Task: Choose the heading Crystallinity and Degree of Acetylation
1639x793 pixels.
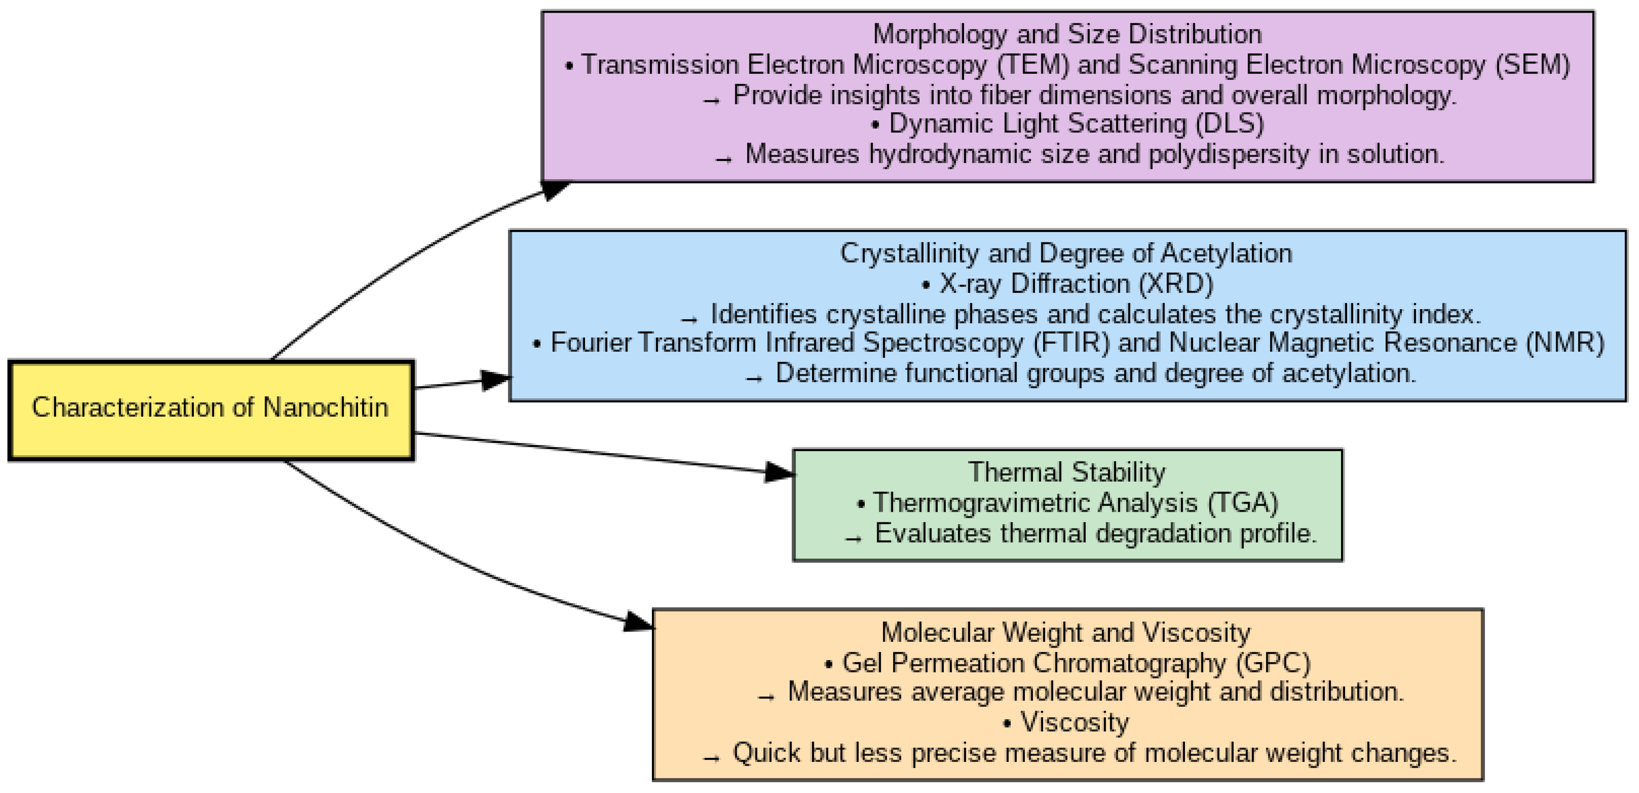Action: (x=1066, y=253)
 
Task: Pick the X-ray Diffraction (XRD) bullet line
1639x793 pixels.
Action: (x=1068, y=284)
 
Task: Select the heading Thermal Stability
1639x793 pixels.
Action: (x=1067, y=472)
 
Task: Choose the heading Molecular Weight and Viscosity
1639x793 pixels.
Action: (x=1066, y=632)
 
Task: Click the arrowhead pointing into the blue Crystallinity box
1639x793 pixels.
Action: (x=496, y=380)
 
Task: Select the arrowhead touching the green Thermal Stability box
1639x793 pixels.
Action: (x=780, y=472)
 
